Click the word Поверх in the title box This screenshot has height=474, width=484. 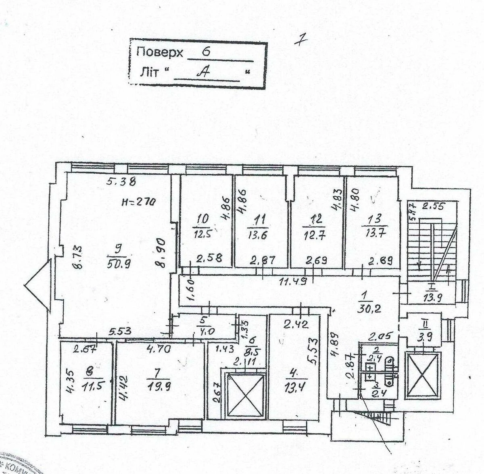pyautogui.click(x=160, y=52)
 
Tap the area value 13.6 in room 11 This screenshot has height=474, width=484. pyautogui.click(x=258, y=235)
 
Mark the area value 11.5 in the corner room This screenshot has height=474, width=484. pyautogui.click(x=91, y=387)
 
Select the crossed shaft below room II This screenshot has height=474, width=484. pyautogui.click(x=422, y=375)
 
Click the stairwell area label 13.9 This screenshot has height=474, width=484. pyautogui.click(x=433, y=298)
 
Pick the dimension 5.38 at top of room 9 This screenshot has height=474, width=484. pyautogui.click(x=121, y=182)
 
